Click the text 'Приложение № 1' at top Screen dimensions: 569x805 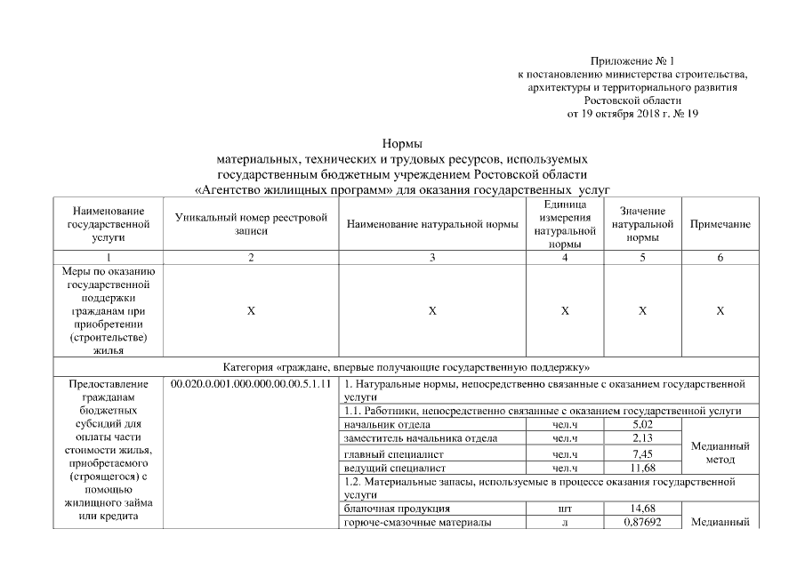632,60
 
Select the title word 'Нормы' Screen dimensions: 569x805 401,143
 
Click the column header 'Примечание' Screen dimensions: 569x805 720,225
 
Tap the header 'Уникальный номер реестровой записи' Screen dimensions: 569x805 251,224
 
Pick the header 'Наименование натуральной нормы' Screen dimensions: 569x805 432,225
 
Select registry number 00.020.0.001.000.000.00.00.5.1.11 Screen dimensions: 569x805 252,384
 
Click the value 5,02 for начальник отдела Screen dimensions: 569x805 641,425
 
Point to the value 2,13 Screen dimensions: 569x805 641,438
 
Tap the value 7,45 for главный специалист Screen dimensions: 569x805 641,453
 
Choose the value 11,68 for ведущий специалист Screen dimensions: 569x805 641,467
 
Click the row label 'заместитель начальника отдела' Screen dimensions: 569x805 408,438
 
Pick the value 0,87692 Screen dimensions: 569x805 641,522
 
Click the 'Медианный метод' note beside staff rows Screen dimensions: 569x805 720,453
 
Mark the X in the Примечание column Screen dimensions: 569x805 720,311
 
